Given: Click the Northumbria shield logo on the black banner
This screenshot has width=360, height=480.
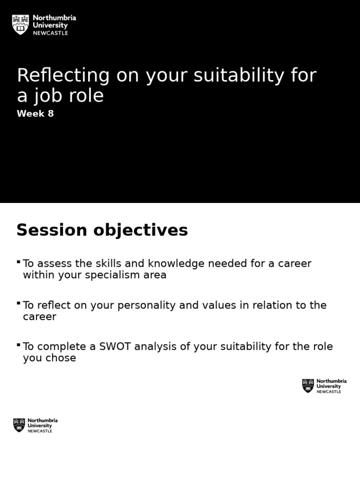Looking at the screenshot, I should (x=20, y=24).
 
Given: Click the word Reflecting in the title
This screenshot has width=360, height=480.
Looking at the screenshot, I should (x=63, y=75).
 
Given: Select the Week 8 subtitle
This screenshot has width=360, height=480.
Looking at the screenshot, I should (x=35, y=114).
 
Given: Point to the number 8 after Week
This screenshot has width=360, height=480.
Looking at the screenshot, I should (x=50, y=114).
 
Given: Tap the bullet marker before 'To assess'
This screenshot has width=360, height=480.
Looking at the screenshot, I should (x=18, y=262).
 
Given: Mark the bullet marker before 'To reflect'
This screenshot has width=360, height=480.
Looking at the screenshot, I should (x=18, y=303).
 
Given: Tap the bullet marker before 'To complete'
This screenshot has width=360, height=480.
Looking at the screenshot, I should (x=18, y=345).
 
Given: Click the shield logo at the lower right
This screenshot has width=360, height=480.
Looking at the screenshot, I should (x=308, y=386).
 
